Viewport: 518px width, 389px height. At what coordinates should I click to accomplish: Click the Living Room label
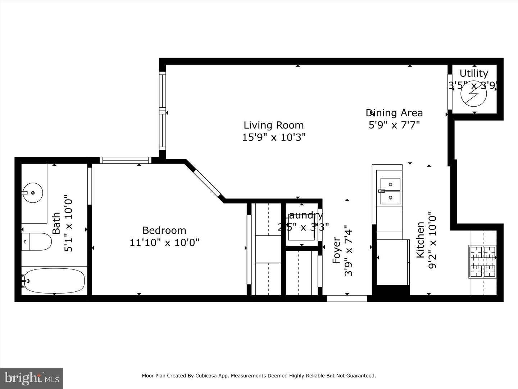tap(273, 125)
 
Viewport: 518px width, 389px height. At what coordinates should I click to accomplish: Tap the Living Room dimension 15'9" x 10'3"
tap(273, 137)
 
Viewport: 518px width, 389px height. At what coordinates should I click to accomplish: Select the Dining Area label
tap(394, 113)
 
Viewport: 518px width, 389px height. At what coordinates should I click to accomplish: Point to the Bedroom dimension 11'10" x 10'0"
tap(164, 242)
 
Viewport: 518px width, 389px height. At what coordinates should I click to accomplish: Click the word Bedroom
tap(164, 230)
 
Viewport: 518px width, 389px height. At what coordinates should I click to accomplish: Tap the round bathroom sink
tap(33, 193)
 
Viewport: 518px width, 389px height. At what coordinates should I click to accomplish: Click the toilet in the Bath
tap(36, 242)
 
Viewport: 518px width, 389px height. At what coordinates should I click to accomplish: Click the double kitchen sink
tap(390, 191)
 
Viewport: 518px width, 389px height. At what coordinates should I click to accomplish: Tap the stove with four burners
tap(482, 261)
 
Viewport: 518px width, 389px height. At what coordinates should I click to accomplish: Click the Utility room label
tap(474, 73)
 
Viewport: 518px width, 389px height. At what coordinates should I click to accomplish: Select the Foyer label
tap(336, 250)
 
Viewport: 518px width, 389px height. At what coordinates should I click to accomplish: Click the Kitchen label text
tap(420, 240)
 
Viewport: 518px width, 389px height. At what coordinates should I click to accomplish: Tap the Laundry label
tap(304, 215)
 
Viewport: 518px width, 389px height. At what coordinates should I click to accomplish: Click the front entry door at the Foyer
tap(347, 298)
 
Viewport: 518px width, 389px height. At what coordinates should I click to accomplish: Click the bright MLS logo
tap(31, 378)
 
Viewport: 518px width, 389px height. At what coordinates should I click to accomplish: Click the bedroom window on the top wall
tap(125, 160)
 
